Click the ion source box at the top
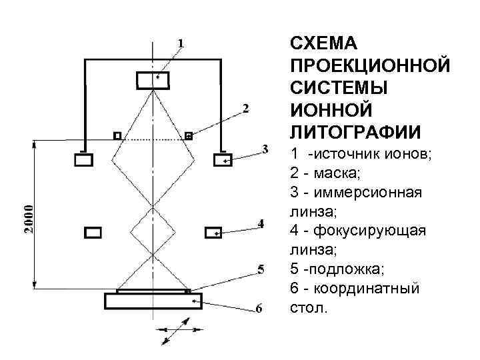[x=154, y=80]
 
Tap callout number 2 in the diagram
[x=247, y=108]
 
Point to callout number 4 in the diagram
[x=261, y=223]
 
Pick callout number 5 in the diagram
[x=261, y=269]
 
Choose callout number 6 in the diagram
[x=260, y=308]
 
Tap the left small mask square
[x=117, y=136]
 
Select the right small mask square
[x=189, y=136]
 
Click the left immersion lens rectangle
[x=84, y=160]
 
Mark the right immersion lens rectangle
[x=222, y=160]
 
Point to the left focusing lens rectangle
[x=93, y=233]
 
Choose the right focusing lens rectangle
[x=213, y=233]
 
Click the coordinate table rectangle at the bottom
[x=153, y=301]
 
